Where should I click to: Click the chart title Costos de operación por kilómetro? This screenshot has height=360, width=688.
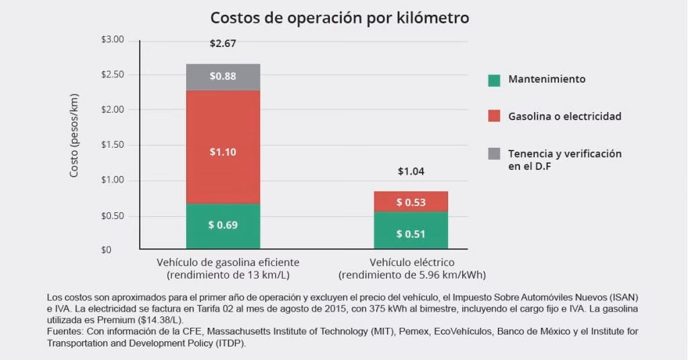point(339,17)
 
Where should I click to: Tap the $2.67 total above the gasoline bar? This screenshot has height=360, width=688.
point(222,44)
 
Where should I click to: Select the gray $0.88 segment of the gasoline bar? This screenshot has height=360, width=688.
point(222,77)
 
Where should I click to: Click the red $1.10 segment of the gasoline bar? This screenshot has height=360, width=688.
point(222,152)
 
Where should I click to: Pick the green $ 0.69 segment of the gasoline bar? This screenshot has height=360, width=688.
point(222,225)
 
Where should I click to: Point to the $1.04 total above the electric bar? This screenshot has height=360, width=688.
point(411,171)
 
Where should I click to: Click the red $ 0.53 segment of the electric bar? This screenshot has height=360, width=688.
point(411,201)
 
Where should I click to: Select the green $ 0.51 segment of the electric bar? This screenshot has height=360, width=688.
point(411,234)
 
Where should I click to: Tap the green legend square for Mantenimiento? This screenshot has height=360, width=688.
point(494,80)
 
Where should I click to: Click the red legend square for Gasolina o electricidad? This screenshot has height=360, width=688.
point(494,116)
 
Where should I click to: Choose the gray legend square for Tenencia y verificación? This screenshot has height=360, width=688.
point(494,154)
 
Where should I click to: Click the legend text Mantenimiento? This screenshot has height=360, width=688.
point(546,79)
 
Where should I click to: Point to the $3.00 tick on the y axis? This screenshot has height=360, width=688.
point(112,40)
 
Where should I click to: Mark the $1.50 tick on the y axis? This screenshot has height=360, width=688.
point(112,145)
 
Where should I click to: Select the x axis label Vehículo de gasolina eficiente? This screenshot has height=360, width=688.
point(228,262)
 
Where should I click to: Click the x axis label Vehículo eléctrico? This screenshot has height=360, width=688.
point(412,262)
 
